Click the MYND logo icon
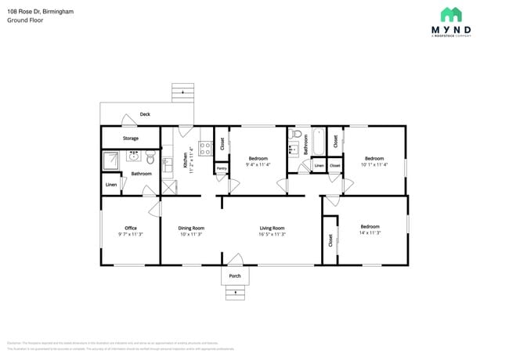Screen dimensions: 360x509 pyautogui.click(x=451, y=14)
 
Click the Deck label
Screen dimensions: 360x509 pyautogui.click(x=145, y=114)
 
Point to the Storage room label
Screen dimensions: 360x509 pyautogui.click(x=130, y=139)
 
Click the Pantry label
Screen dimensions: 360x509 pyautogui.click(x=222, y=167)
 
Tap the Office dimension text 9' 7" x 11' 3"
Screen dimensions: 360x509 pyautogui.click(x=131, y=234)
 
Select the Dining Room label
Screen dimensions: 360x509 pyautogui.click(x=191, y=228)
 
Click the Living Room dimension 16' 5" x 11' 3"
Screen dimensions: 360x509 pyautogui.click(x=273, y=234)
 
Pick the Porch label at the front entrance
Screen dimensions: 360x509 pyautogui.click(x=234, y=276)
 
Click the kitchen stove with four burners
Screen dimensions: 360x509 pyautogui.click(x=205, y=146)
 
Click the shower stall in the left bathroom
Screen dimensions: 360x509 pyautogui.click(x=114, y=160)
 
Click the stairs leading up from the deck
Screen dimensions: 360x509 pyautogui.click(x=182, y=93)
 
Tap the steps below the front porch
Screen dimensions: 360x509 pyautogui.click(x=235, y=293)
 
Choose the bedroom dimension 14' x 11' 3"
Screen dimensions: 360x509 pyautogui.click(x=370, y=232)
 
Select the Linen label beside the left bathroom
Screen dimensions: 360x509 pyautogui.click(x=111, y=185)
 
